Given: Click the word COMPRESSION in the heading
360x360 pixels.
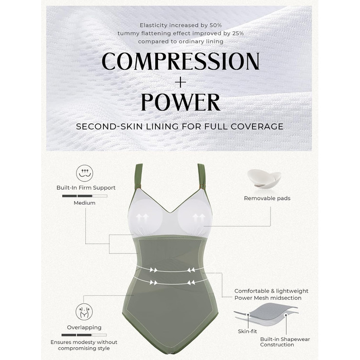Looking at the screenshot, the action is (181, 61).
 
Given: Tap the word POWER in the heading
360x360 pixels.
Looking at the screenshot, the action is (181, 102).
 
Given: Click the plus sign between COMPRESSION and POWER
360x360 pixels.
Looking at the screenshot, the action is (181, 82).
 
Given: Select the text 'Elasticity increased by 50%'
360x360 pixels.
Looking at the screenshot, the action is (181, 25).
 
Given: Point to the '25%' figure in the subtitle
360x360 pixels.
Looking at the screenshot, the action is (238, 33).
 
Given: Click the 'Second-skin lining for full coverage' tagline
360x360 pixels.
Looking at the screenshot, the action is (180, 127).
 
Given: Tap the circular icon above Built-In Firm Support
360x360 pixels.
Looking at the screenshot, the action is (85, 173).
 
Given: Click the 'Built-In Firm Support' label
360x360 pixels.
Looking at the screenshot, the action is (86, 188).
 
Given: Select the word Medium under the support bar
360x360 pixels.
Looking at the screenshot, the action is (84, 203).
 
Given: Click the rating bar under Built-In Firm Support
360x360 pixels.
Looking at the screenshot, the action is (85, 196).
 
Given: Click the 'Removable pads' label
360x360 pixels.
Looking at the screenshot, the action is (267, 199).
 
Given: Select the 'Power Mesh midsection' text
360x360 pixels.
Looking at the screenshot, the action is (268, 298).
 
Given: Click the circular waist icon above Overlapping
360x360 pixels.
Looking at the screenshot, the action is (84, 312).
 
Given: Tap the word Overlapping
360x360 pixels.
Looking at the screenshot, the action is (84, 328).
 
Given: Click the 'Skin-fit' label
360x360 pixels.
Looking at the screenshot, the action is (247, 331).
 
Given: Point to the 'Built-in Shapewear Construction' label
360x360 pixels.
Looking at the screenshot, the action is (285, 342).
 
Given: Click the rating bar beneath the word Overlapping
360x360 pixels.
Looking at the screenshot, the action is (84, 335).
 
